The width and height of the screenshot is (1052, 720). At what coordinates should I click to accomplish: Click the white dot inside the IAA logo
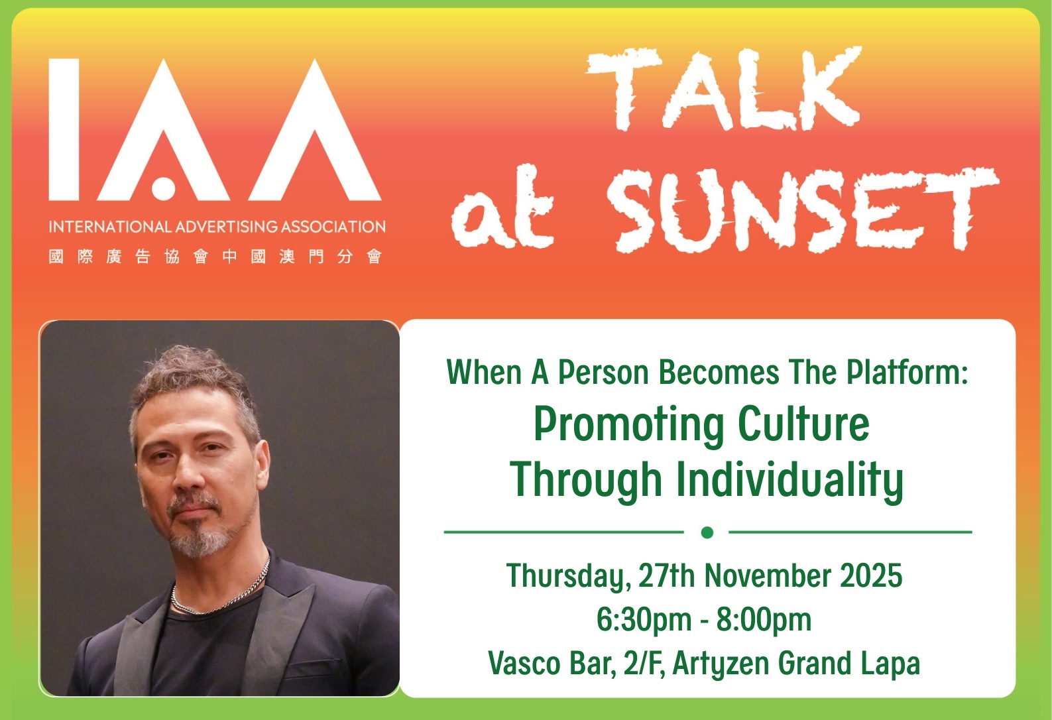tap(163, 186)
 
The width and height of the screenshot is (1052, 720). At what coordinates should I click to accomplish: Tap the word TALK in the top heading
tap(724, 90)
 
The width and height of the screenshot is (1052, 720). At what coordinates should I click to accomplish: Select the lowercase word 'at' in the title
tap(502, 207)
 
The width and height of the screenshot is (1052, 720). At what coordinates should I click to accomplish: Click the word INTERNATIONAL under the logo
tap(110, 227)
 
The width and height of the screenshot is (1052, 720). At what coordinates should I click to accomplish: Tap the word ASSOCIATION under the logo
tap(333, 227)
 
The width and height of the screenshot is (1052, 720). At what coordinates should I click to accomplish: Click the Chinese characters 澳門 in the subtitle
tap(302, 257)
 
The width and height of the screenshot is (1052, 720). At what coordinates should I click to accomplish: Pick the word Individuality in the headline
tap(789, 480)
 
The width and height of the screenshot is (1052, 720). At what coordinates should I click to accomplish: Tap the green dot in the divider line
tap(707, 532)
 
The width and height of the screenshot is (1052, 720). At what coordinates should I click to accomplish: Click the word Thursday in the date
tap(569, 576)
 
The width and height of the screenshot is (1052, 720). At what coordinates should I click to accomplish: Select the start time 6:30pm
tap(644, 620)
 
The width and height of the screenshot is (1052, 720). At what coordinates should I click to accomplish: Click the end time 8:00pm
tap(764, 620)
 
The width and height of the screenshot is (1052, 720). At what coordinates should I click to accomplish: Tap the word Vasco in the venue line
tap(524, 663)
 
